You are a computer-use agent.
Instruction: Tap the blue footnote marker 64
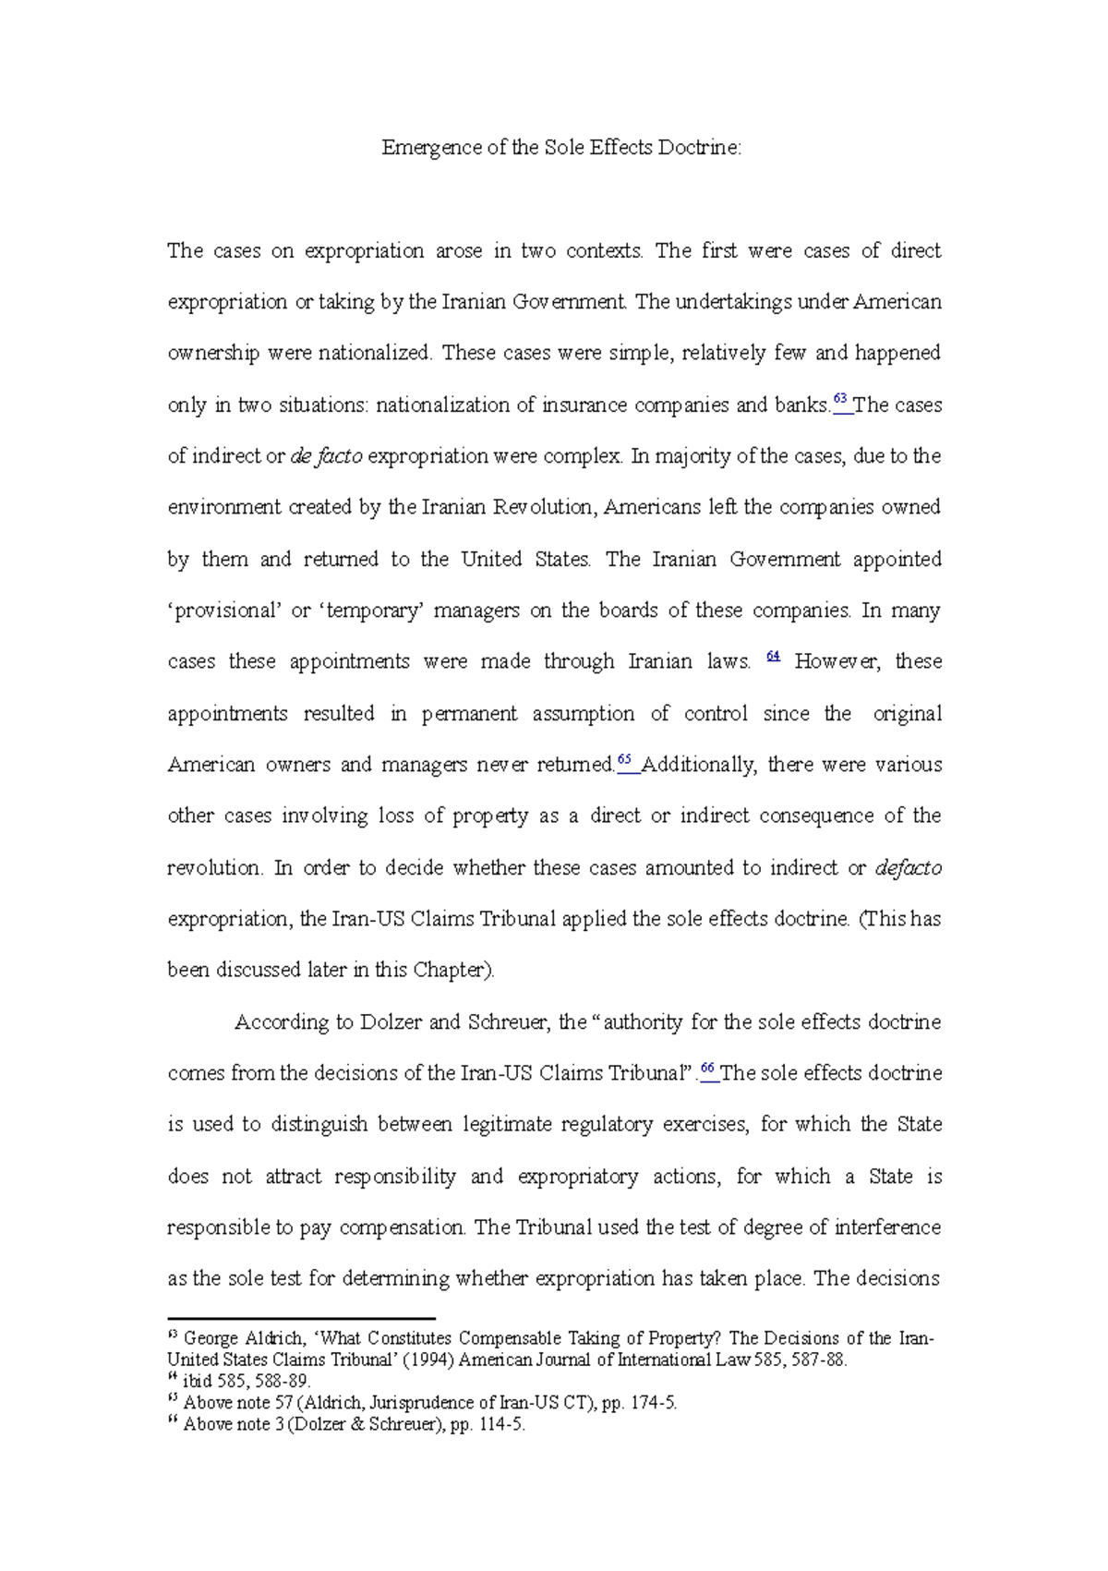click(774, 657)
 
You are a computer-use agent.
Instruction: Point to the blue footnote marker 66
click(708, 1069)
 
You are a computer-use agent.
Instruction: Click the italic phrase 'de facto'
click(326, 456)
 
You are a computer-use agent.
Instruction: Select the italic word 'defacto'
click(908, 868)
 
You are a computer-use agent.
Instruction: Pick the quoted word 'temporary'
click(368, 610)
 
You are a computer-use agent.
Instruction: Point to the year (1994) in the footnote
click(428, 1360)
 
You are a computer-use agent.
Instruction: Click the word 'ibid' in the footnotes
click(198, 1382)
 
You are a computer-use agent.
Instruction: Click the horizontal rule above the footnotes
click(300, 1319)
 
